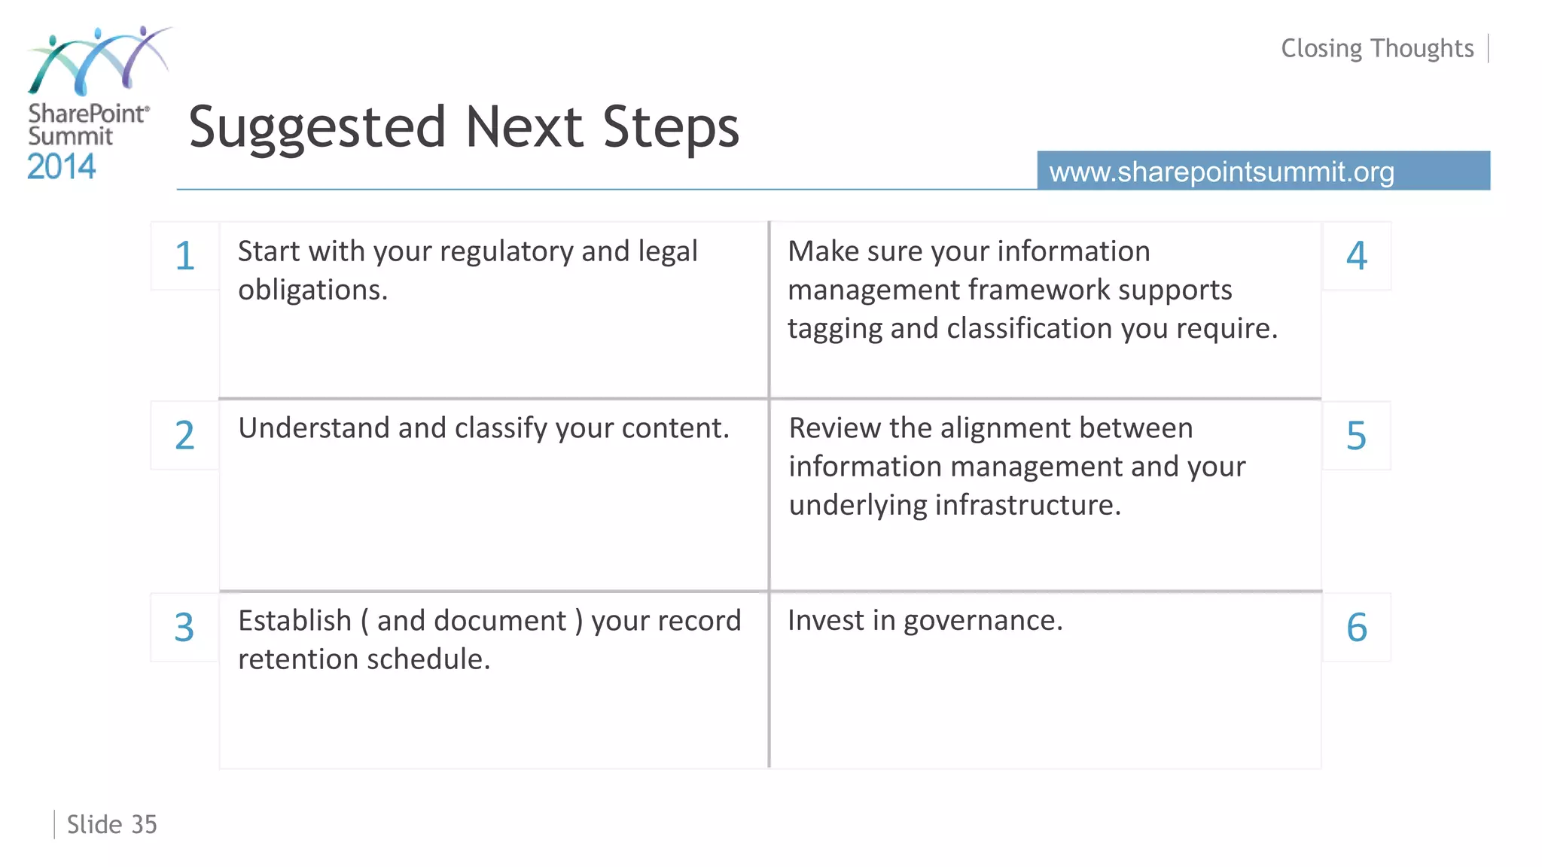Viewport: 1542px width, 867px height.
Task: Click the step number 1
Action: [x=184, y=256]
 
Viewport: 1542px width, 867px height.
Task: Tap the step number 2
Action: [x=184, y=436]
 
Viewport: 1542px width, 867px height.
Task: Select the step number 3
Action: [x=184, y=628]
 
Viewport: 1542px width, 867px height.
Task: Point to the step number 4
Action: [x=1356, y=256]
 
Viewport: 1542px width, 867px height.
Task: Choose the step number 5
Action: [x=1356, y=436]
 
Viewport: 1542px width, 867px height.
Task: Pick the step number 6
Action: [x=1356, y=628]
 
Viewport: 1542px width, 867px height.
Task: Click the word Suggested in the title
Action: [x=317, y=128]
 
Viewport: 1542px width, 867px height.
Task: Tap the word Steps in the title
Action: [x=670, y=128]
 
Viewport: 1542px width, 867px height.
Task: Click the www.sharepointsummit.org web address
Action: [x=1221, y=172]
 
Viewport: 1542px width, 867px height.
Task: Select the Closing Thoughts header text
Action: [x=1377, y=48]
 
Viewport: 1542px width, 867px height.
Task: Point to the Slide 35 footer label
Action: [x=111, y=825]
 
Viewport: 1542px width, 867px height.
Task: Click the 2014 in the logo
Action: [x=61, y=166]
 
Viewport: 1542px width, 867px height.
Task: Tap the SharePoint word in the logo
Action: [x=87, y=114]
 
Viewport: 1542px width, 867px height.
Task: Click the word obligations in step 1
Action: [x=312, y=290]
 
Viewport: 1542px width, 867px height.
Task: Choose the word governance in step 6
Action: [x=982, y=621]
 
